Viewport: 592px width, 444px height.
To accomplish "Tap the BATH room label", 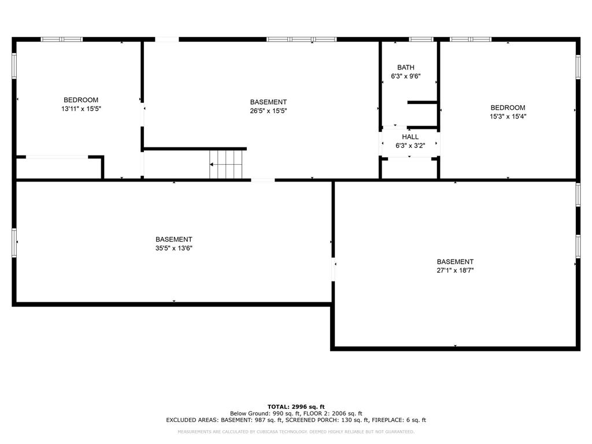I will [x=406, y=68].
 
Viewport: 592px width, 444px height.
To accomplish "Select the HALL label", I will [x=410, y=137].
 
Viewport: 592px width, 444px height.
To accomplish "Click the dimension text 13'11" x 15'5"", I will [x=81, y=109].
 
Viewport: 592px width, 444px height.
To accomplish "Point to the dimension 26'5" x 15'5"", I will [x=268, y=111].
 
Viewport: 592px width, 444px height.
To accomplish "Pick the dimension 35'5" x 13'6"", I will [x=173, y=248].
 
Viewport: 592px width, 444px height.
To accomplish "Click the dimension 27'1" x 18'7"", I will [x=455, y=270].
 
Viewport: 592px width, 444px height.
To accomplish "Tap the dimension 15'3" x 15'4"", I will [x=508, y=116].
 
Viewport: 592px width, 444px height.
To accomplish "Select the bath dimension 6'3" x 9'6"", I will [x=406, y=76].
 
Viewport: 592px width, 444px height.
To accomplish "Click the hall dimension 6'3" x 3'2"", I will [x=410, y=146].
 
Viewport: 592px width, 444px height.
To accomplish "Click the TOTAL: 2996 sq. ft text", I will [x=296, y=406].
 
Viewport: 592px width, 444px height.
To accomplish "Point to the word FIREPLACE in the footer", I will [x=384, y=420].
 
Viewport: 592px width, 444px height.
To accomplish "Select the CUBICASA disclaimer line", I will [x=296, y=432].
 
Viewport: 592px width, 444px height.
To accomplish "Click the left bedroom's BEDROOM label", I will [x=81, y=100].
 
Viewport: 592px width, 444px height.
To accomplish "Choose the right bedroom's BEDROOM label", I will [x=508, y=108].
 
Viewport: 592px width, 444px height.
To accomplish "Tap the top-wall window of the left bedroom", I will [x=61, y=39].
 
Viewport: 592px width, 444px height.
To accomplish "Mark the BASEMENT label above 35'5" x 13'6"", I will [x=173, y=239].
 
